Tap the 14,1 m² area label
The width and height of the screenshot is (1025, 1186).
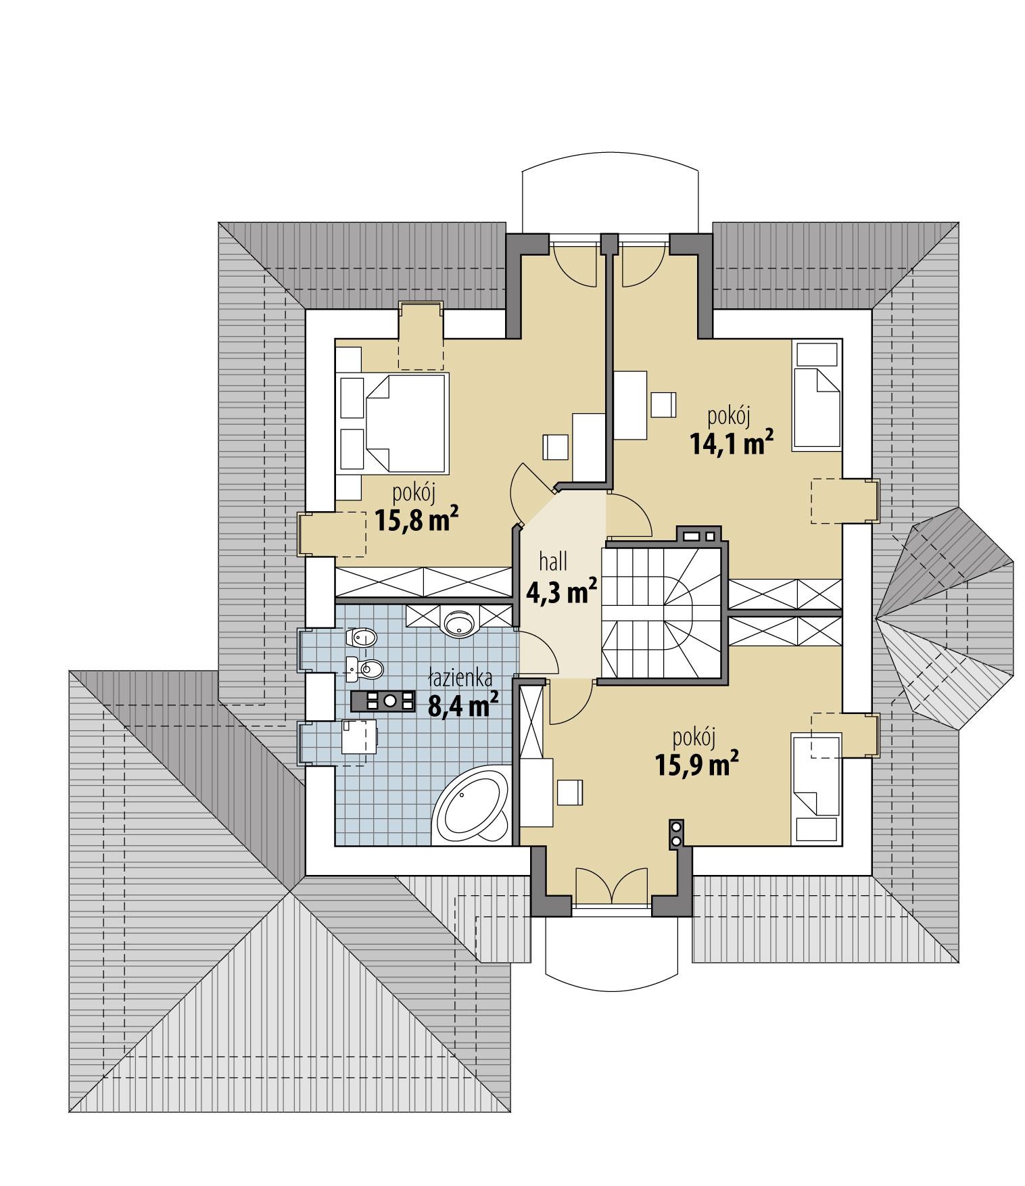coord(731,443)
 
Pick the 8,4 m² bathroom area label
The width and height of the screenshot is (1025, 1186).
coord(464,706)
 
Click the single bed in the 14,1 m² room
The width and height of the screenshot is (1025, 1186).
coord(817,408)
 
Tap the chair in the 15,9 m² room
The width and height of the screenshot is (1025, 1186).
coord(570,792)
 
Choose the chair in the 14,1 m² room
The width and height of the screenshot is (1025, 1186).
coord(663,404)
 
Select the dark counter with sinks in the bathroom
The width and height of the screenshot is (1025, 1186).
coord(383,702)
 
